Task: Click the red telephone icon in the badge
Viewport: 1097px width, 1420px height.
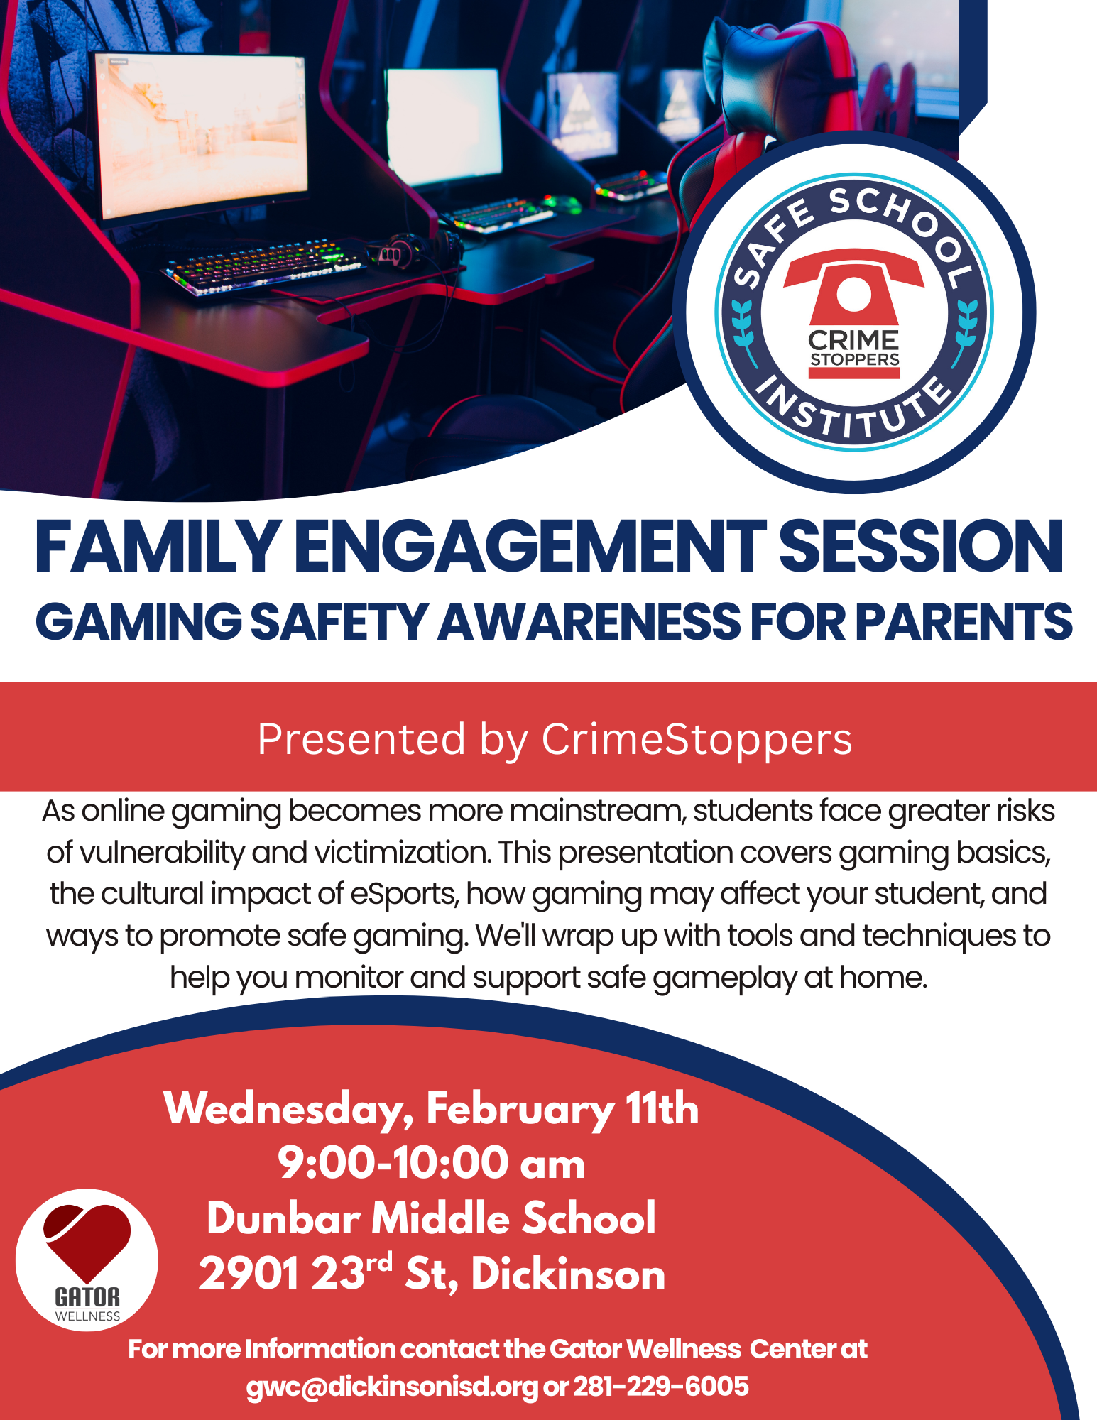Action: click(853, 295)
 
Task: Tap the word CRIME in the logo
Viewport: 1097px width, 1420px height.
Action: click(853, 340)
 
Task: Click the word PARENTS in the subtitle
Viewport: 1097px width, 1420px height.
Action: click(964, 621)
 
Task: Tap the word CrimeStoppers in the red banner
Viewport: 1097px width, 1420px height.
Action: click(697, 739)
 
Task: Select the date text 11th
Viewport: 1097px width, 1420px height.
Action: click(662, 1108)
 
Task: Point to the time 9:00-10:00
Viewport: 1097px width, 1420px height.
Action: click(393, 1163)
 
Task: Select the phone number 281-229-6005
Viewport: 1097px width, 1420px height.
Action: click(661, 1386)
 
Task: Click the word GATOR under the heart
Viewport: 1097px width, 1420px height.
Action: click(87, 1297)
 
